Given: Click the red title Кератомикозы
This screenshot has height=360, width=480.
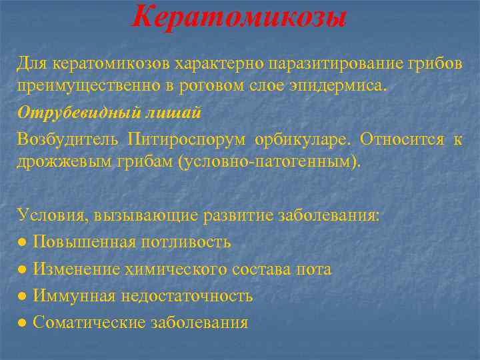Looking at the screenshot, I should [239, 16].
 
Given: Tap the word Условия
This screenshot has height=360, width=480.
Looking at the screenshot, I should [52, 215].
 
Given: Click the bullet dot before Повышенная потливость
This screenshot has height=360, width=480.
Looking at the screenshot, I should [23, 243].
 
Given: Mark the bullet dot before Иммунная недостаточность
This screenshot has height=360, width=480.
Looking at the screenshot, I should [23, 297].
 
